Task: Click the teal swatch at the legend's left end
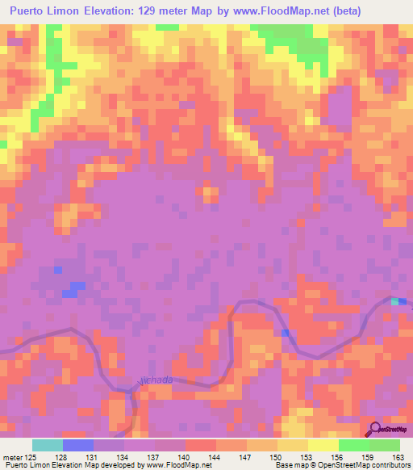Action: click(47, 445)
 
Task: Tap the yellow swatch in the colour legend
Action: click(323, 445)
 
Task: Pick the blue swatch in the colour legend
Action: click(77, 445)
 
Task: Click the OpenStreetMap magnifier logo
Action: click(374, 430)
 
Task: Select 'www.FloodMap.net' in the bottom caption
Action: click(172, 464)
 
